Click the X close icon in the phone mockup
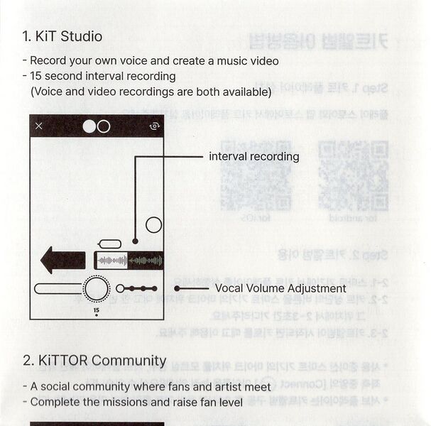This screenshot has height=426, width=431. coord(39,126)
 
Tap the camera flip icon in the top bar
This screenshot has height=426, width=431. coord(154,126)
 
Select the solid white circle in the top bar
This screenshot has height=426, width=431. coord(89,126)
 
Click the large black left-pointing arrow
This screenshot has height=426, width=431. coord(63,260)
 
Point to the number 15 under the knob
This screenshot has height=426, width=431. coord(96,310)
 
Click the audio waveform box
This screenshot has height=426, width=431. coord(129,261)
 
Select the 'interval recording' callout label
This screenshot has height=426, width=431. coord(253,156)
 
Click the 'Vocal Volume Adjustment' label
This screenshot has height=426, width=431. coord(280,288)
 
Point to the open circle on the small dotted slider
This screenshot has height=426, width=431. coord(120,288)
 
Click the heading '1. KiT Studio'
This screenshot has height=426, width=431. coord(62,36)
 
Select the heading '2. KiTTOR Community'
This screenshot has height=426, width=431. coord(94,360)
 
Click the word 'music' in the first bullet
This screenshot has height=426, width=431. coord(221,61)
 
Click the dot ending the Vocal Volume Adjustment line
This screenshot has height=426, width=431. coord(177,288)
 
